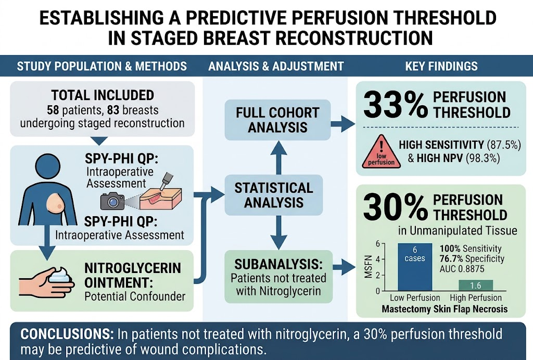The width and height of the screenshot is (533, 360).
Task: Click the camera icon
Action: coord(112,201)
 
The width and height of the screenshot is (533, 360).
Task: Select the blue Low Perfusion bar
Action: coord(415,267)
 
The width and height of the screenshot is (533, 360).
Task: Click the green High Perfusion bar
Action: coord(476,285)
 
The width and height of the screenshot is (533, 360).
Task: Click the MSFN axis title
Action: coord(368,267)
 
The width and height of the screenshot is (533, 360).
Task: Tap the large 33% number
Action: coord(396,104)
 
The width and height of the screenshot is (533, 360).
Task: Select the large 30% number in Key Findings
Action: coord(396,207)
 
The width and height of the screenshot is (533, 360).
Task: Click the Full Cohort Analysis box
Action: coord(278,120)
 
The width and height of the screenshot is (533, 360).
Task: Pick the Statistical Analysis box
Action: coord(274,195)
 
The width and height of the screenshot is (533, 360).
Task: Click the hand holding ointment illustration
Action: coord(46,282)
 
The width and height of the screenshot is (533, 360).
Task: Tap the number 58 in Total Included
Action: coord(54,110)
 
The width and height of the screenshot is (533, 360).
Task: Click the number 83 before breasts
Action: coord(113,110)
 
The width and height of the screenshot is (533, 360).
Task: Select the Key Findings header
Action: coord(441,66)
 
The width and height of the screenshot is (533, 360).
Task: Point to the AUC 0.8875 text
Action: coord(462,269)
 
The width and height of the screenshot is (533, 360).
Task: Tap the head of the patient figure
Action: coord(48,166)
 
